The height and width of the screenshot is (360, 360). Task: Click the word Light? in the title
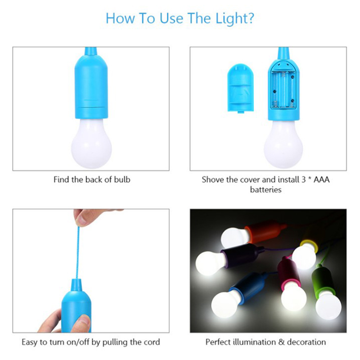pos(234,18)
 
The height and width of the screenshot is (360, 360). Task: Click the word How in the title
pos(120,18)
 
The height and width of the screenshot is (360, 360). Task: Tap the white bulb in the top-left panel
pos(91,143)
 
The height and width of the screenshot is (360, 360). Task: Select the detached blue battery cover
pos(240,88)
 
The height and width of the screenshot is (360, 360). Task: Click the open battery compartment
pos(283,89)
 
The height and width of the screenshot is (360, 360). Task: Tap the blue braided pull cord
pos(77,252)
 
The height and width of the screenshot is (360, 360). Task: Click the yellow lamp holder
pos(309,245)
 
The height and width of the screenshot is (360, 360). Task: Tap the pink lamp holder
pos(288,272)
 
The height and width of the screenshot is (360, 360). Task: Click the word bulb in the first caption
pos(122,180)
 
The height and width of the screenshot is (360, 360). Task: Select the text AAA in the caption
pos(321,180)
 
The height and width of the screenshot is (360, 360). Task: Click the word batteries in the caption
pos(265,189)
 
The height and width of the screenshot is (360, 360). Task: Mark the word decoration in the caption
pos(306,342)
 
